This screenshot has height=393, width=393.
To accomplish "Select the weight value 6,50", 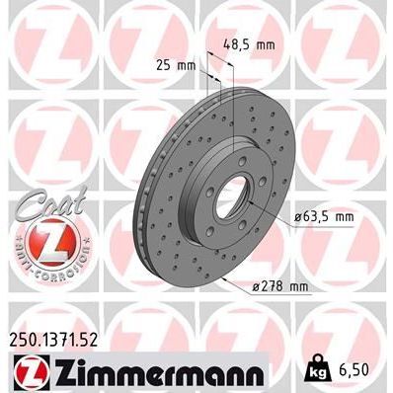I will pos(357,371).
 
